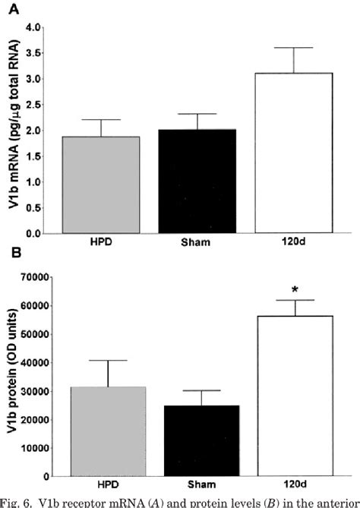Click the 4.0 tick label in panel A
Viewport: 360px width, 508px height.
[33, 27]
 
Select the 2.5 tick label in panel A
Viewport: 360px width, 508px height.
[33, 105]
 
